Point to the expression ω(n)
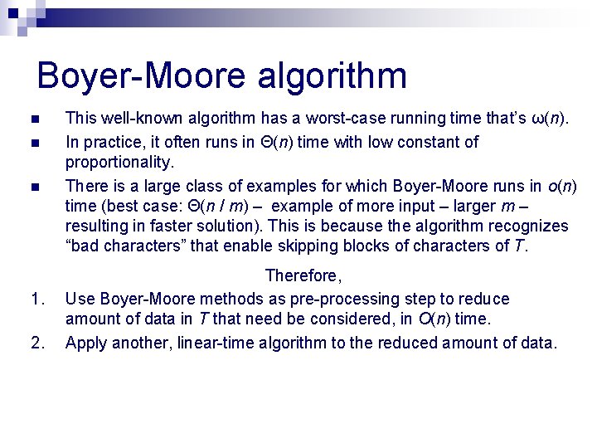click(x=550, y=119)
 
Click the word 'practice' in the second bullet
click(x=111, y=142)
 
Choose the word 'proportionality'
click(x=119, y=163)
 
